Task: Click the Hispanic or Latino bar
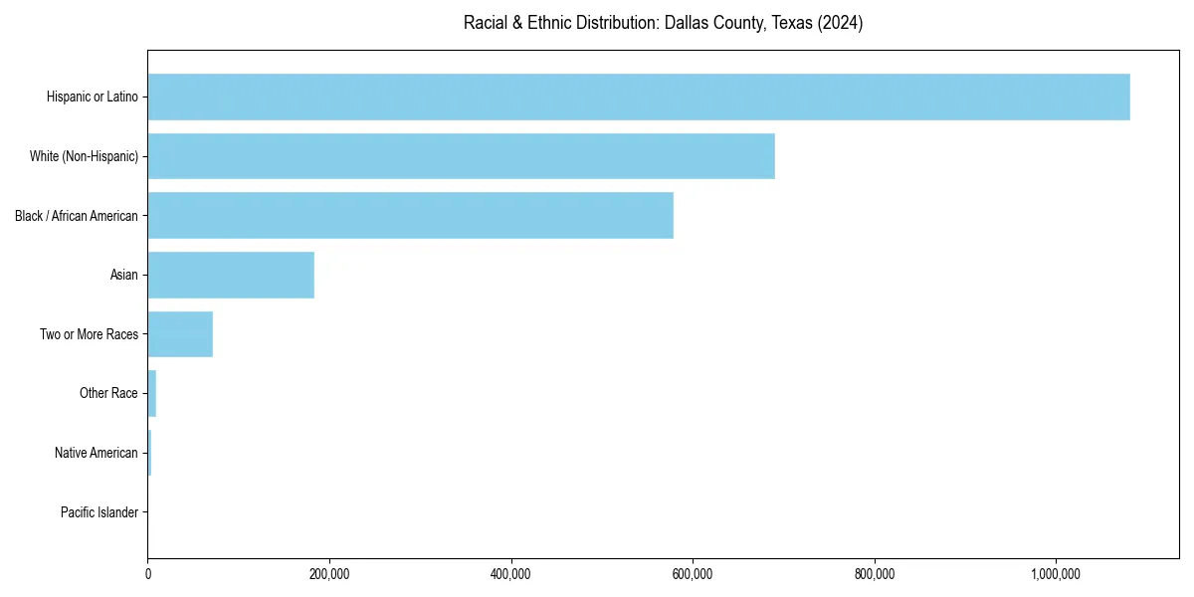pos(639,97)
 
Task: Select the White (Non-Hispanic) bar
pos(461,156)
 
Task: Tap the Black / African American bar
pos(410,215)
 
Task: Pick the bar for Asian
pos(231,275)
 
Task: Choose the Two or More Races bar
pos(180,334)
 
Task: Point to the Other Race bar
pos(152,393)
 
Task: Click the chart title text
pos(663,23)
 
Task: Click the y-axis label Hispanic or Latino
pos(93,97)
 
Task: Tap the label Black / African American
pos(77,216)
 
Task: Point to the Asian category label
pos(124,275)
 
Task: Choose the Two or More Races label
pos(90,334)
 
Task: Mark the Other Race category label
pos(108,393)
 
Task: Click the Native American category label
pos(97,453)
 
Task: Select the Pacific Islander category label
pos(99,512)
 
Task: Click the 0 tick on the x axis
pos(148,574)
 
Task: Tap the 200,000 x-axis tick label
pos(329,574)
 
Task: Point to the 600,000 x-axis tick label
pos(693,574)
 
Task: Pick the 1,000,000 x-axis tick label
pos(1056,574)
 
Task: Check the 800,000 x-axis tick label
pos(875,574)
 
